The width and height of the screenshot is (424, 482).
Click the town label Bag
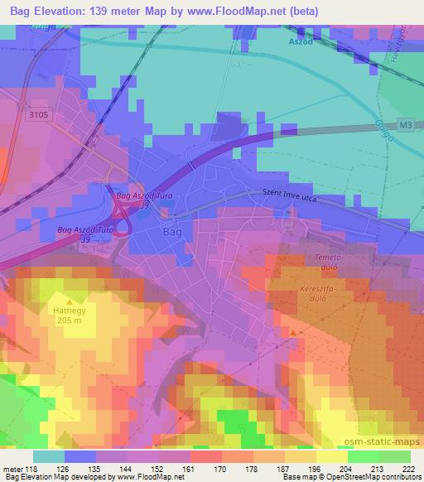[172, 232]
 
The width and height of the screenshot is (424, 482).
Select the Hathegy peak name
[70, 311]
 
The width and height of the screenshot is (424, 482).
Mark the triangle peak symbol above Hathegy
[70, 301]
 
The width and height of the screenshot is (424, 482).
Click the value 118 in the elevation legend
[32, 469]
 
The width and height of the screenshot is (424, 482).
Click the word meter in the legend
[12, 469]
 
